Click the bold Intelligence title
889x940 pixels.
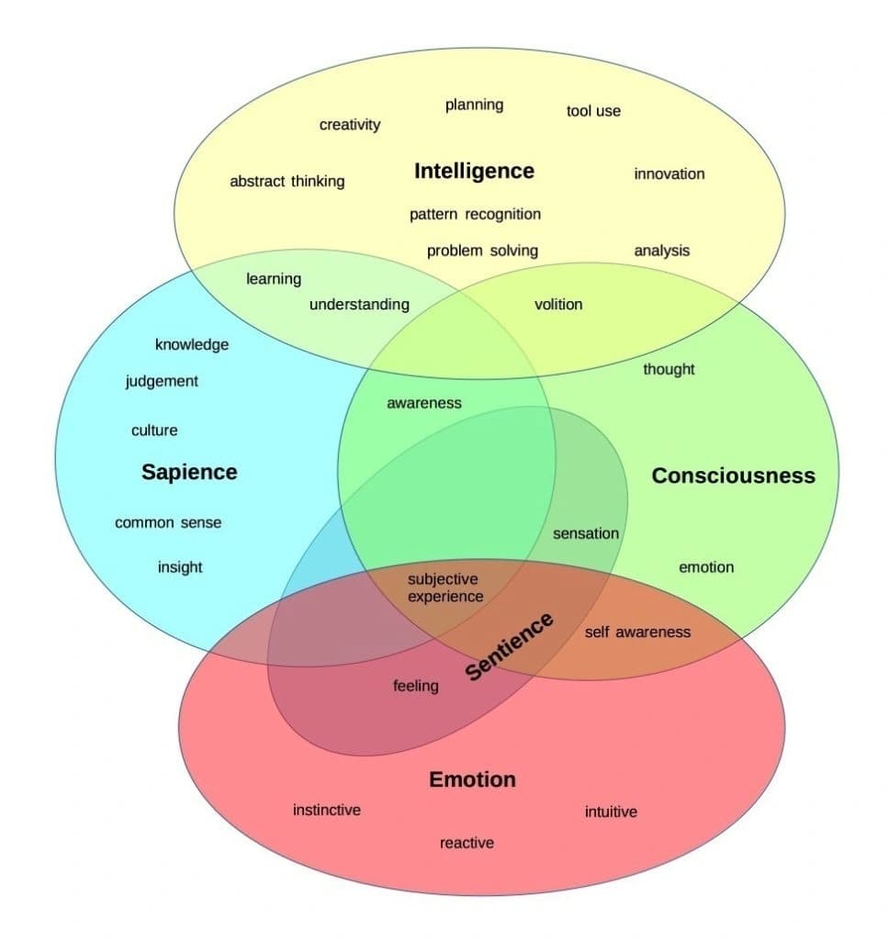tap(474, 172)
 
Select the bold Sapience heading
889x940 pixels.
tap(189, 472)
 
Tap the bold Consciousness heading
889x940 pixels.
tap(733, 476)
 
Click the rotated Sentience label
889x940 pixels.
tap(510, 646)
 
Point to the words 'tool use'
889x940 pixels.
tap(593, 111)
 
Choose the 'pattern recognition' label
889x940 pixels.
tap(475, 214)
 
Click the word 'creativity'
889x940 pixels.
tap(349, 125)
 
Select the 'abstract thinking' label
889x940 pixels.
tap(287, 182)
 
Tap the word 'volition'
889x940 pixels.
tap(558, 305)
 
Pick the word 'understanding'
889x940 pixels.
tap(359, 305)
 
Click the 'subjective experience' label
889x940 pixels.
tap(445, 587)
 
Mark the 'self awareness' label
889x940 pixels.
tap(637, 632)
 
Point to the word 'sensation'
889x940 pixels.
tap(586, 533)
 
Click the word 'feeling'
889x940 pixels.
tap(416, 686)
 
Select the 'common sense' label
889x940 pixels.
tap(168, 523)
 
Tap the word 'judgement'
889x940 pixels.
tap(162, 381)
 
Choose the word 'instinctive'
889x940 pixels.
tap(327, 810)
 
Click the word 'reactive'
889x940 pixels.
tap(467, 843)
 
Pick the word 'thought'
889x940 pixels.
tap(669, 369)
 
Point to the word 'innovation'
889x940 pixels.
tap(670, 173)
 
